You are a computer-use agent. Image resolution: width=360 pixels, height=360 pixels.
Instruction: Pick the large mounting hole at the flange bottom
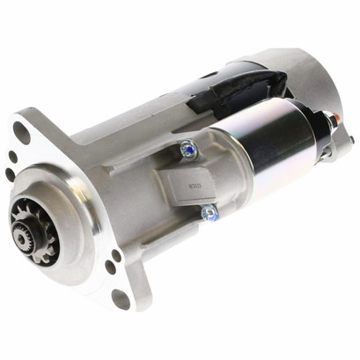(121, 298)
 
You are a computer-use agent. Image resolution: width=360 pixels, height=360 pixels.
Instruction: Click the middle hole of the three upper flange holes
(13, 158)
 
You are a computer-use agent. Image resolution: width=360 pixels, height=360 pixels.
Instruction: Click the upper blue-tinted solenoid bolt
(187, 151)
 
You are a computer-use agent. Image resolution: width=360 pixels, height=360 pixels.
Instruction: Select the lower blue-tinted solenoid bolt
(209, 212)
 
